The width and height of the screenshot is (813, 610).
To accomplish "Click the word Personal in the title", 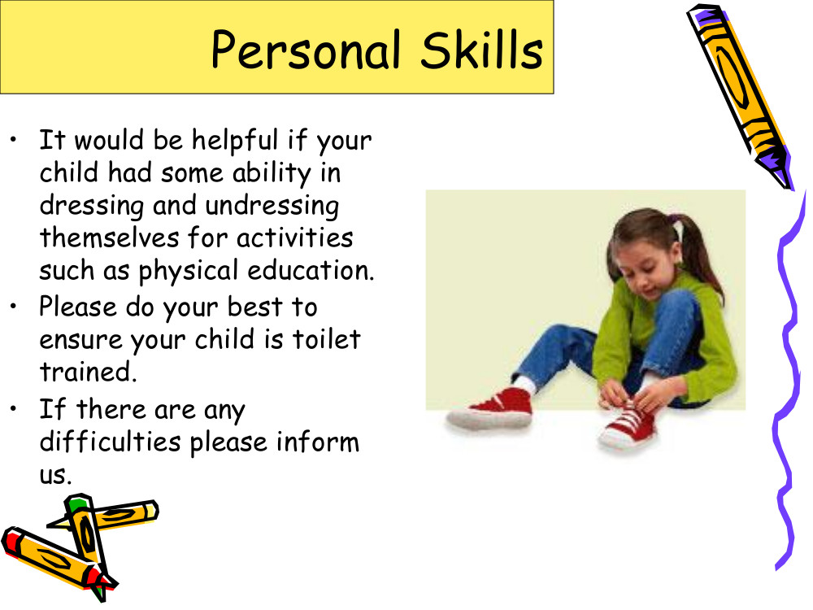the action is (x=306, y=50).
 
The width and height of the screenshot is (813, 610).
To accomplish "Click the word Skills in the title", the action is (x=481, y=50).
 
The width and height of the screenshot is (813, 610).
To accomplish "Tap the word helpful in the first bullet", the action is (x=235, y=141).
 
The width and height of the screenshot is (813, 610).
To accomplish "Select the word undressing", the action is (x=272, y=207).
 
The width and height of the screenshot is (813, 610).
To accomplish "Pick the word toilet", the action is (x=327, y=339).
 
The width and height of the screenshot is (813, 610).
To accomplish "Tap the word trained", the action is (x=88, y=372).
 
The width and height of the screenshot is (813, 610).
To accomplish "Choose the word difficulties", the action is (x=110, y=442).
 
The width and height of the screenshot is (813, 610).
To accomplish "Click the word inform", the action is (x=317, y=442).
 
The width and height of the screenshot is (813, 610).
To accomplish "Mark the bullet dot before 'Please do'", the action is (x=14, y=306).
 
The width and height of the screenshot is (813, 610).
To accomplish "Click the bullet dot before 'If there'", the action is (x=14, y=409).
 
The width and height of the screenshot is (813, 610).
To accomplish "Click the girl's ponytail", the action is (x=698, y=254).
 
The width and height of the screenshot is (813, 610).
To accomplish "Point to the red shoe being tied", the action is (x=628, y=426).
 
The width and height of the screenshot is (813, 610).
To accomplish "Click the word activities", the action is (x=295, y=238).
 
